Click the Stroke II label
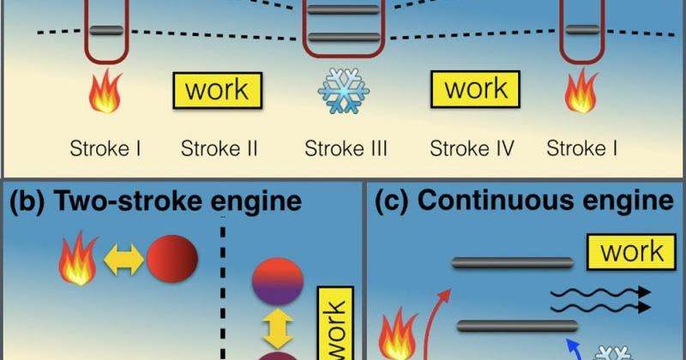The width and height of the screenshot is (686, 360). [220, 149]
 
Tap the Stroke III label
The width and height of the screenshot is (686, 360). [346, 149]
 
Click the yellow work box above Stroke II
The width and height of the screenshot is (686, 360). [218, 89]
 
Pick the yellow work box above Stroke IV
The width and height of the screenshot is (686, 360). [476, 88]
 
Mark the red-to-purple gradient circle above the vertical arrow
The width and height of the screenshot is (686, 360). [274, 283]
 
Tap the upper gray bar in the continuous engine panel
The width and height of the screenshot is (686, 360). [512, 262]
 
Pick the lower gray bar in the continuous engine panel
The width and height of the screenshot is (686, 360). [517, 325]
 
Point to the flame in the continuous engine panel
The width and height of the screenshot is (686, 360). [398, 335]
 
